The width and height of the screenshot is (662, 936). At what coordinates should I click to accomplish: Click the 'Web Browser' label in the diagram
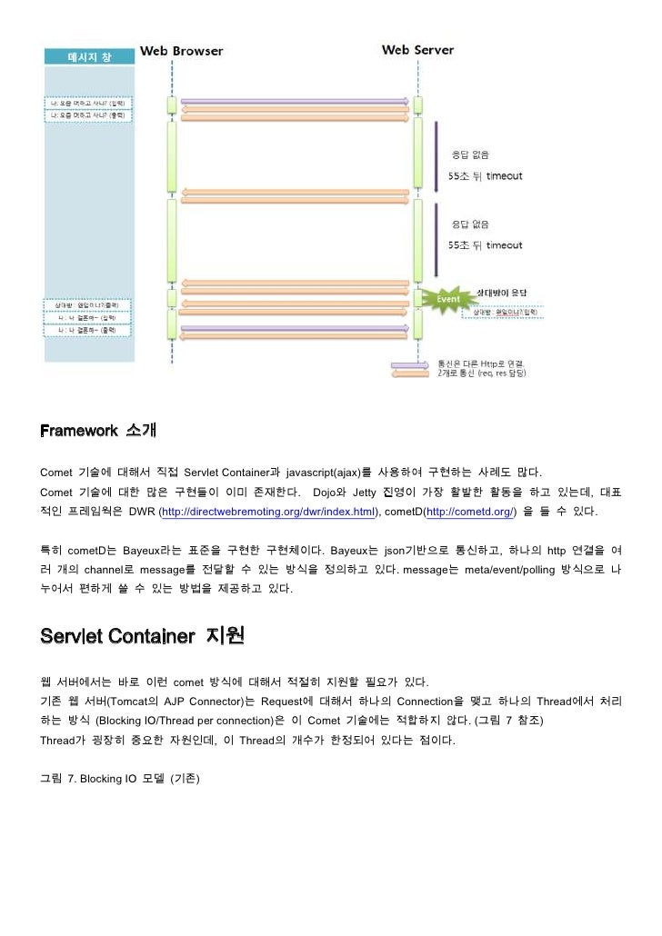click(181, 51)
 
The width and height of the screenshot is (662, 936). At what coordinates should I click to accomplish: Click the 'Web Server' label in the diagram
click(417, 51)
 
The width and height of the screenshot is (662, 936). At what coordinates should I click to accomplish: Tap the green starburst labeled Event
click(447, 298)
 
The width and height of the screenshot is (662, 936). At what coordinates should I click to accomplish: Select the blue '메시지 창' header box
click(90, 56)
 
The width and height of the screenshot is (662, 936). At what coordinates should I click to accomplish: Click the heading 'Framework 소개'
click(91, 430)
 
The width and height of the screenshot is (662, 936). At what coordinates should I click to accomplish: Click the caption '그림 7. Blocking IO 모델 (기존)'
click(119, 780)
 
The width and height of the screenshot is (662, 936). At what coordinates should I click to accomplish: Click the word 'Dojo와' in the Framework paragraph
click(331, 493)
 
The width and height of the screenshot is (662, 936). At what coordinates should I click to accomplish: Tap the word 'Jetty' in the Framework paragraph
click(365, 493)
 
